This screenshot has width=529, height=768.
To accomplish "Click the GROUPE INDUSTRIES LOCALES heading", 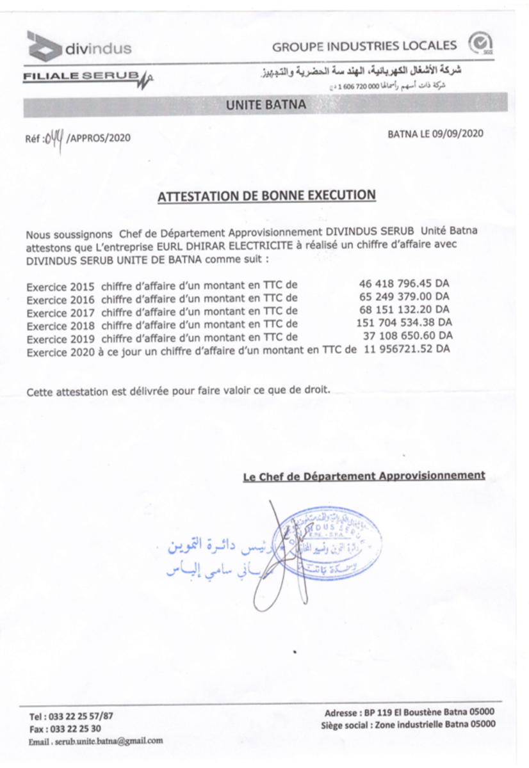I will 364,46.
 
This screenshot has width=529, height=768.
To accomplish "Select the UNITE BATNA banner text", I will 266,105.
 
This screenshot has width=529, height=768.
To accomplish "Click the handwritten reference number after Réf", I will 53,136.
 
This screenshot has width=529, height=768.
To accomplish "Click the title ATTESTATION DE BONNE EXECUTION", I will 266,195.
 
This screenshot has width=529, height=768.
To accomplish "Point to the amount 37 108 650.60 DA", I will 407,335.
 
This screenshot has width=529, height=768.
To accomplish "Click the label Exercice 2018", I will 60,324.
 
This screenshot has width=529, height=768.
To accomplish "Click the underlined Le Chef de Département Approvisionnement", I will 364,476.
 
